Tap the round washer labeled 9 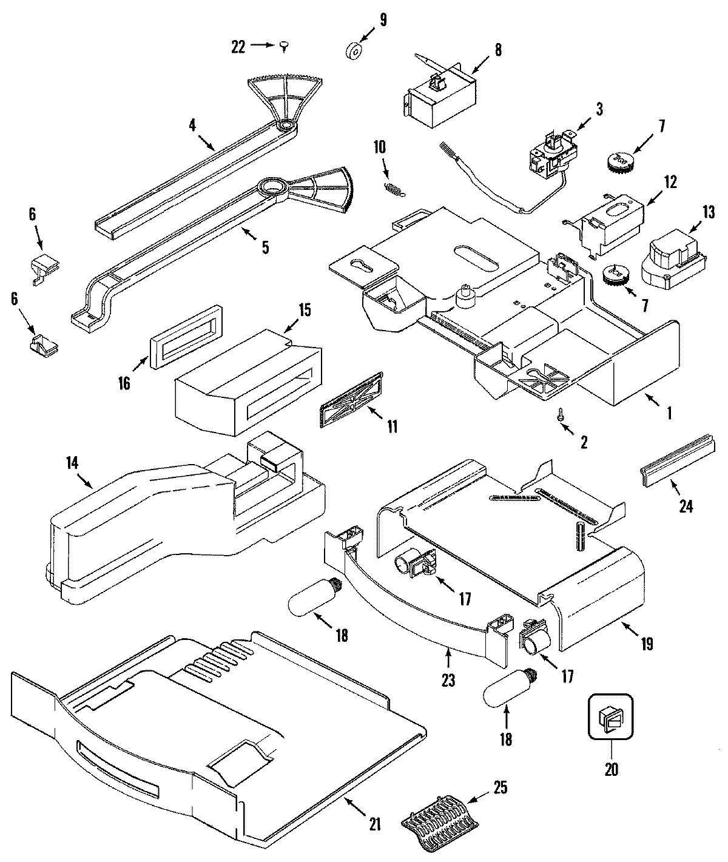coord(353,52)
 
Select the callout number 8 coord(498,51)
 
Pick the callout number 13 coord(709,212)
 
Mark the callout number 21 coord(374,824)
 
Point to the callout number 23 coord(448,681)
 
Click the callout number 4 coord(192,126)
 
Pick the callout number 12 coord(670,181)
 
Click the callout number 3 coord(599,109)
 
